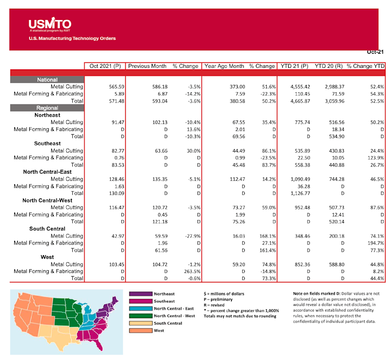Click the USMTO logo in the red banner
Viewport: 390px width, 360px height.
(x=50, y=25)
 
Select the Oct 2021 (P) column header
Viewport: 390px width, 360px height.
(x=104, y=66)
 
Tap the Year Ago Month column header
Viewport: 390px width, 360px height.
(x=224, y=66)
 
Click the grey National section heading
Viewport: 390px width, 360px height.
(x=47, y=80)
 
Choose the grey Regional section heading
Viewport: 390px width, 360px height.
(x=47, y=108)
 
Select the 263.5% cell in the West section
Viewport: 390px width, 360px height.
(x=191, y=271)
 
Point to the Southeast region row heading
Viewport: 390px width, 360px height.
(x=47, y=143)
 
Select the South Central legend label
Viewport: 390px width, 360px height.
(x=169, y=323)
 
